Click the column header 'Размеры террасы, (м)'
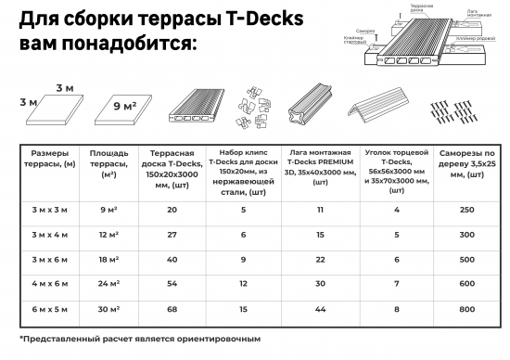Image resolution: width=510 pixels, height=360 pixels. click(x=44, y=162)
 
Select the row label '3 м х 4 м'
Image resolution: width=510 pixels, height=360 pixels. click(x=44, y=236)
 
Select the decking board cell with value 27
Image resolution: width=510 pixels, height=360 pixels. click(x=172, y=236)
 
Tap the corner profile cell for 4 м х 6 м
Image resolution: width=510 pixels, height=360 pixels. click(x=395, y=285)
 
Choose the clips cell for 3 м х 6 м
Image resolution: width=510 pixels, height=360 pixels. click(x=244, y=260)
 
